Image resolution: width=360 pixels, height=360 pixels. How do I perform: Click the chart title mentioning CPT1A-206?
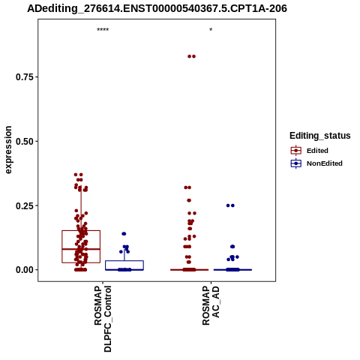tap(157, 9)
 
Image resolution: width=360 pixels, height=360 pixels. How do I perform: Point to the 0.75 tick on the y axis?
tap(25, 77)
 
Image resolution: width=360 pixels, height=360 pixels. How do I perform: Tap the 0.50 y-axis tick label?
tap(25, 141)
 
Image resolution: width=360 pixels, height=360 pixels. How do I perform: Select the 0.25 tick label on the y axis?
tap(25, 205)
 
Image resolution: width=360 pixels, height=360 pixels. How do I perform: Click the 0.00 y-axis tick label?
tap(25, 270)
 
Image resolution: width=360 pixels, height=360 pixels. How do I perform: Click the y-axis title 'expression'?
tap(8, 150)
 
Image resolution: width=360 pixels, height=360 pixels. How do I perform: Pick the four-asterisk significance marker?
tap(103, 30)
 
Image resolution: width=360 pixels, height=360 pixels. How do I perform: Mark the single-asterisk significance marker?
tap(211, 30)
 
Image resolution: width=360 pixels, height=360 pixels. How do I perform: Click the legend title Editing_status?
tap(319, 136)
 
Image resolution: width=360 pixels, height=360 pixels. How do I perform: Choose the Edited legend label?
tap(317, 151)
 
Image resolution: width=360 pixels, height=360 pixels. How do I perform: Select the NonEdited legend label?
tap(325, 163)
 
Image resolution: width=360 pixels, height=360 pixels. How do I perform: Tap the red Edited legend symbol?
tap(296, 151)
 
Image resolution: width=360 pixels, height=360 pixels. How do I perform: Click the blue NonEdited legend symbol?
tap(296, 163)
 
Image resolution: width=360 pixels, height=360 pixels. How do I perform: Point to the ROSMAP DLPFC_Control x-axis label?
tap(103, 319)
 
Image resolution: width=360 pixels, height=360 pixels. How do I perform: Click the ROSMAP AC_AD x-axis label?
tap(211, 305)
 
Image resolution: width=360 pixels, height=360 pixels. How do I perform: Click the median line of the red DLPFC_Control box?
tap(81, 249)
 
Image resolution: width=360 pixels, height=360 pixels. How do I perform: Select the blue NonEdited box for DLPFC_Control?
tap(124, 265)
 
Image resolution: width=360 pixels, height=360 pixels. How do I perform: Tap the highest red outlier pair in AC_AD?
tap(191, 56)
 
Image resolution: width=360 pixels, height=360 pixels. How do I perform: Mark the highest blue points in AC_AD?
tap(230, 205)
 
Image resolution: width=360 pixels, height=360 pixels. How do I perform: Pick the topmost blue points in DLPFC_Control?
tap(124, 234)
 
